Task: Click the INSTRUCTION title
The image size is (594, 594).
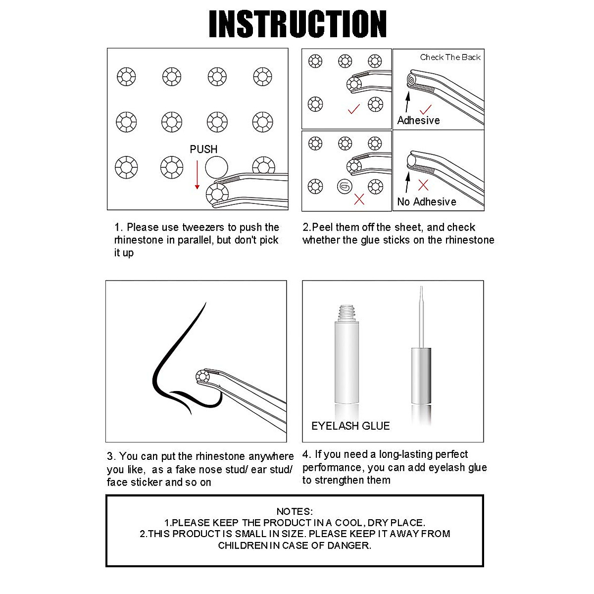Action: pyautogui.click(x=297, y=23)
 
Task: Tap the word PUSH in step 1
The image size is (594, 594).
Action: pyautogui.click(x=203, y=149)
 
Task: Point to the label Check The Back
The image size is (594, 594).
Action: pyautogui.click(x=450, y=57)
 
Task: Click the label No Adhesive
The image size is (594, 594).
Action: pyautogui.click(x=426, y=201)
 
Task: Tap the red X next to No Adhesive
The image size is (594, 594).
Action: pyautogui.click(x=423, y=185)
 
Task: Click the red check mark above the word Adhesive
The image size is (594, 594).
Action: pyautogui.click(x=425, y=109)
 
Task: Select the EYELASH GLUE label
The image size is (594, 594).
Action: pyautogui.click(x=350, y=426)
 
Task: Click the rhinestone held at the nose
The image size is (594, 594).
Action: pyautogui.click(x=203, y=376)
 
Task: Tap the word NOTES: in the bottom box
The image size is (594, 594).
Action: pyautogui.click(x=295, y=511)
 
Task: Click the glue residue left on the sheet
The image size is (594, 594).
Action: pyautogui.click(x=344, y=187)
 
